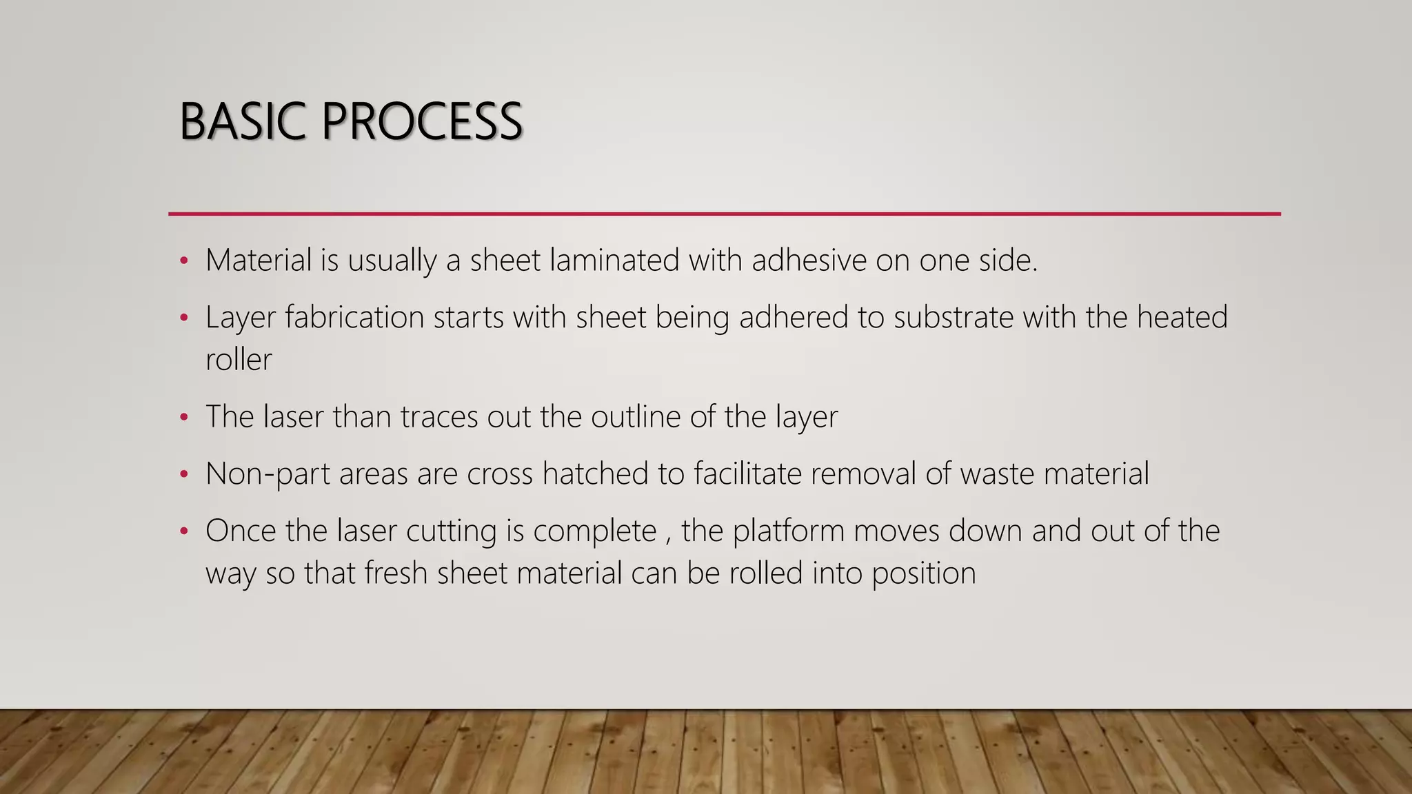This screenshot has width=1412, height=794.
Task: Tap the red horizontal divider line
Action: (x=724, y=214)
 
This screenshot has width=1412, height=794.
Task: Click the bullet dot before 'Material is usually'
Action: (x=183, y=261)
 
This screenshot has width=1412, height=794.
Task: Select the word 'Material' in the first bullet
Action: (x=259, y=261)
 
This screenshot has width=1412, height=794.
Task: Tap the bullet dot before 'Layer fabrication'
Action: (x=183, y=318)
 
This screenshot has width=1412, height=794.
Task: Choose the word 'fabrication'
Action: (x=354, y=318)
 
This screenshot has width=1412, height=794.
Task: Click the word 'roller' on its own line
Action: (x=239, y=360)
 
